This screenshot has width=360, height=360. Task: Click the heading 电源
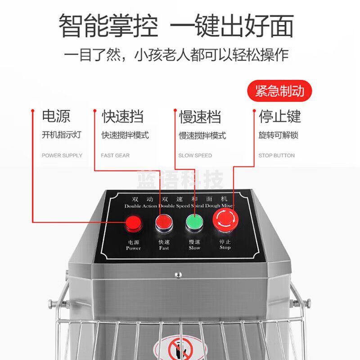(56, 117)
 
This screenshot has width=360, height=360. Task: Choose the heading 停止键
(279, 117)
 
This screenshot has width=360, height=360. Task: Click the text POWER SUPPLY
(62, 156)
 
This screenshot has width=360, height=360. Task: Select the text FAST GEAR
(115, 156)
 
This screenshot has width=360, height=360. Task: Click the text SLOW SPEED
(195, 156)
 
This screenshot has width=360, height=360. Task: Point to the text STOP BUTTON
(276, 156)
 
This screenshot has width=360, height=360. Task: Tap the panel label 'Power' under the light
(133, 248)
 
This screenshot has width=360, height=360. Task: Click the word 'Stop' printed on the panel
(225, 247)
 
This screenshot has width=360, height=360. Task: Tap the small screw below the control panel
(178, 274)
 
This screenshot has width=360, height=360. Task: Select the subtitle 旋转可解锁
(279, 135)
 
